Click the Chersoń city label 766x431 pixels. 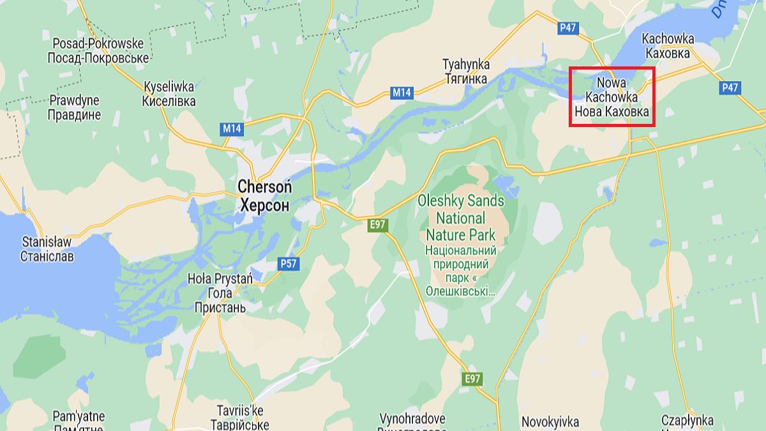(264, 196)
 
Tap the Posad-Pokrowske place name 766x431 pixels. (98, 51)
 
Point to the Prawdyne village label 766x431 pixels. (75, 108)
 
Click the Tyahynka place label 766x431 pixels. (466, 72)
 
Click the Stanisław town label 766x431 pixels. (47, 250)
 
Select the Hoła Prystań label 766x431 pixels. (220, 294)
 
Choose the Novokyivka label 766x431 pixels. (550, 422)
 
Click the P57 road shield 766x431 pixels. (289, 263)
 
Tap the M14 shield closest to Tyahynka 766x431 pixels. (402, 93)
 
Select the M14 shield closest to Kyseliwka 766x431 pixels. (232, 129)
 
